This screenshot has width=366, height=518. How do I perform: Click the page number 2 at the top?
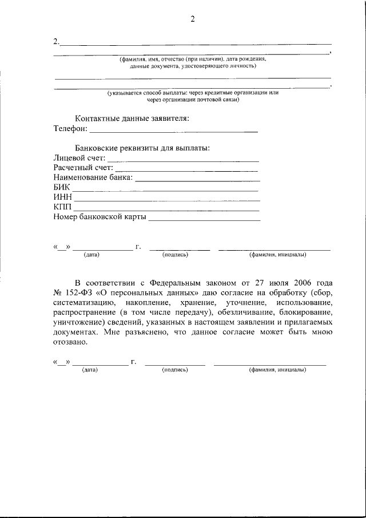pyautogui.click(x=193, y=19)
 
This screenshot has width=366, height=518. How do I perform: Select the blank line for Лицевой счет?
pyautogui.click(x=183, y=159)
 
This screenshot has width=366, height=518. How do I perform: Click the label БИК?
pyautogui.click(x=62, y=187)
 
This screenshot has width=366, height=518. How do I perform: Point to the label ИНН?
pyautogui.click(x=62, y=197)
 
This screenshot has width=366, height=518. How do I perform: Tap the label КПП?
pyautogui.click(x=62, y=207)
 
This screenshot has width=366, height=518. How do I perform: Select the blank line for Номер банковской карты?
pyautogui.click(x=204, y=218)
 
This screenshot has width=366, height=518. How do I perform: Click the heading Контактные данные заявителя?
pyautogui.click(x=132, y=118)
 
